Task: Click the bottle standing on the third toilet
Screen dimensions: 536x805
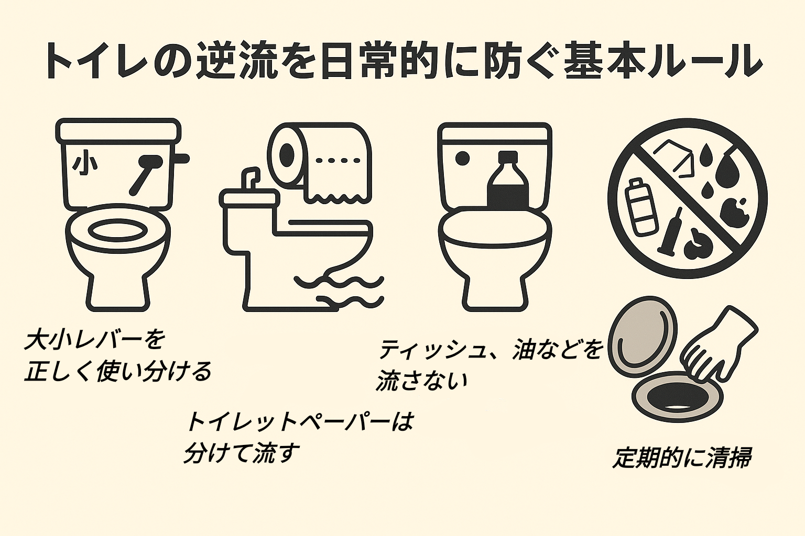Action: point(507,181)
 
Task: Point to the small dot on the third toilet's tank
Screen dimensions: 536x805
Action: point(462,157)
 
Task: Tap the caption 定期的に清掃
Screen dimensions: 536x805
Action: point(681,458)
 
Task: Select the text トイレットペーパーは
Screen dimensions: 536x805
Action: point(299,422)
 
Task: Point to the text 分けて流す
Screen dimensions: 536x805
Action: point(242,452)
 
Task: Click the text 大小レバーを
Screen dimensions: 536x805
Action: point(94,341)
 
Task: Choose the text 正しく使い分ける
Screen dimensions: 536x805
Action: point(118,371)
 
